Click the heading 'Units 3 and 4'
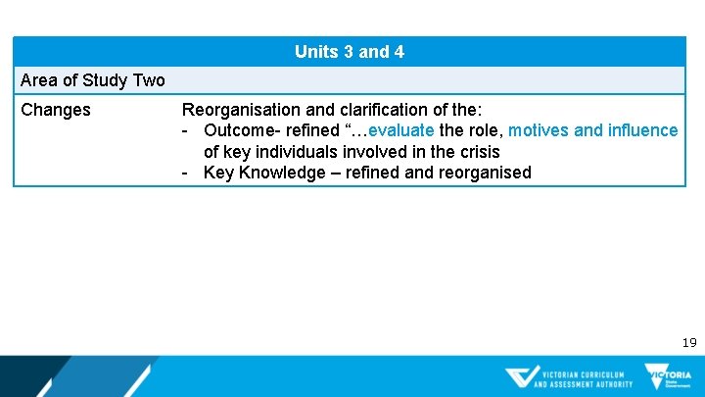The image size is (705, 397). click(x=350, y=52)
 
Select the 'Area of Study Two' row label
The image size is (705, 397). click(x=93, y=80)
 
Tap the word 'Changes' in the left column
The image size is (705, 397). click(x=56, y=110)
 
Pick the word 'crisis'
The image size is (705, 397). click(x=477, y=152)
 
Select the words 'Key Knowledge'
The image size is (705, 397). click(x=259, y=174)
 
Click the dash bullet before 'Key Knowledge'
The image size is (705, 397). click(x=185, y=174)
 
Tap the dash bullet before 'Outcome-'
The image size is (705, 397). click(x=185, y=130)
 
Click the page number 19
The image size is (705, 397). click(x=688, y=342)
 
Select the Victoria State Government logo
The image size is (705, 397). click(x=668, y=376)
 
